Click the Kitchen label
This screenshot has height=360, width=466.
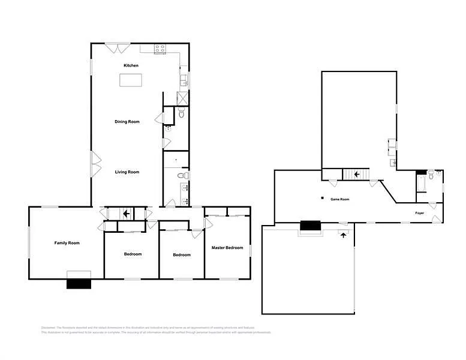click(x=131, y=65)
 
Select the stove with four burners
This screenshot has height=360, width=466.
click(x=160, y=49)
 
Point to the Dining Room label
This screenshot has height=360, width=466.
click(x=127, y=122)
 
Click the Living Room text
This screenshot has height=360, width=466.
click(x=127, y=172)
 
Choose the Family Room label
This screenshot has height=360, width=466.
click(x=67, y=243)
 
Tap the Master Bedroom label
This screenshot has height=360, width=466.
click(x=227, y=248)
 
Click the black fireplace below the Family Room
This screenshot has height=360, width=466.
click(x=78, y=284)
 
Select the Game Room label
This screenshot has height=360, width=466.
click(x=339, y=199)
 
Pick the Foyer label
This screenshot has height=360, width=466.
click(x=420, y=213)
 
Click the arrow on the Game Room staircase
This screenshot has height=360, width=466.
click(x=357, y=175)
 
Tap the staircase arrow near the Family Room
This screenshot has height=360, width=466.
click(x=126, y=213)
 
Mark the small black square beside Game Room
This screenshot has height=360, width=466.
click(x=322, y=198)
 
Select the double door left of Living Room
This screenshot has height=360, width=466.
click(x=94, y=164)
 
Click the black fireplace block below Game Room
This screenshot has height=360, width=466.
click(x=310, y=226)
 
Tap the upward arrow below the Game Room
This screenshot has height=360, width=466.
click(x=343, y=235)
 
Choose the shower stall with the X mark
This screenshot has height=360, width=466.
click(x=182, y=99)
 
